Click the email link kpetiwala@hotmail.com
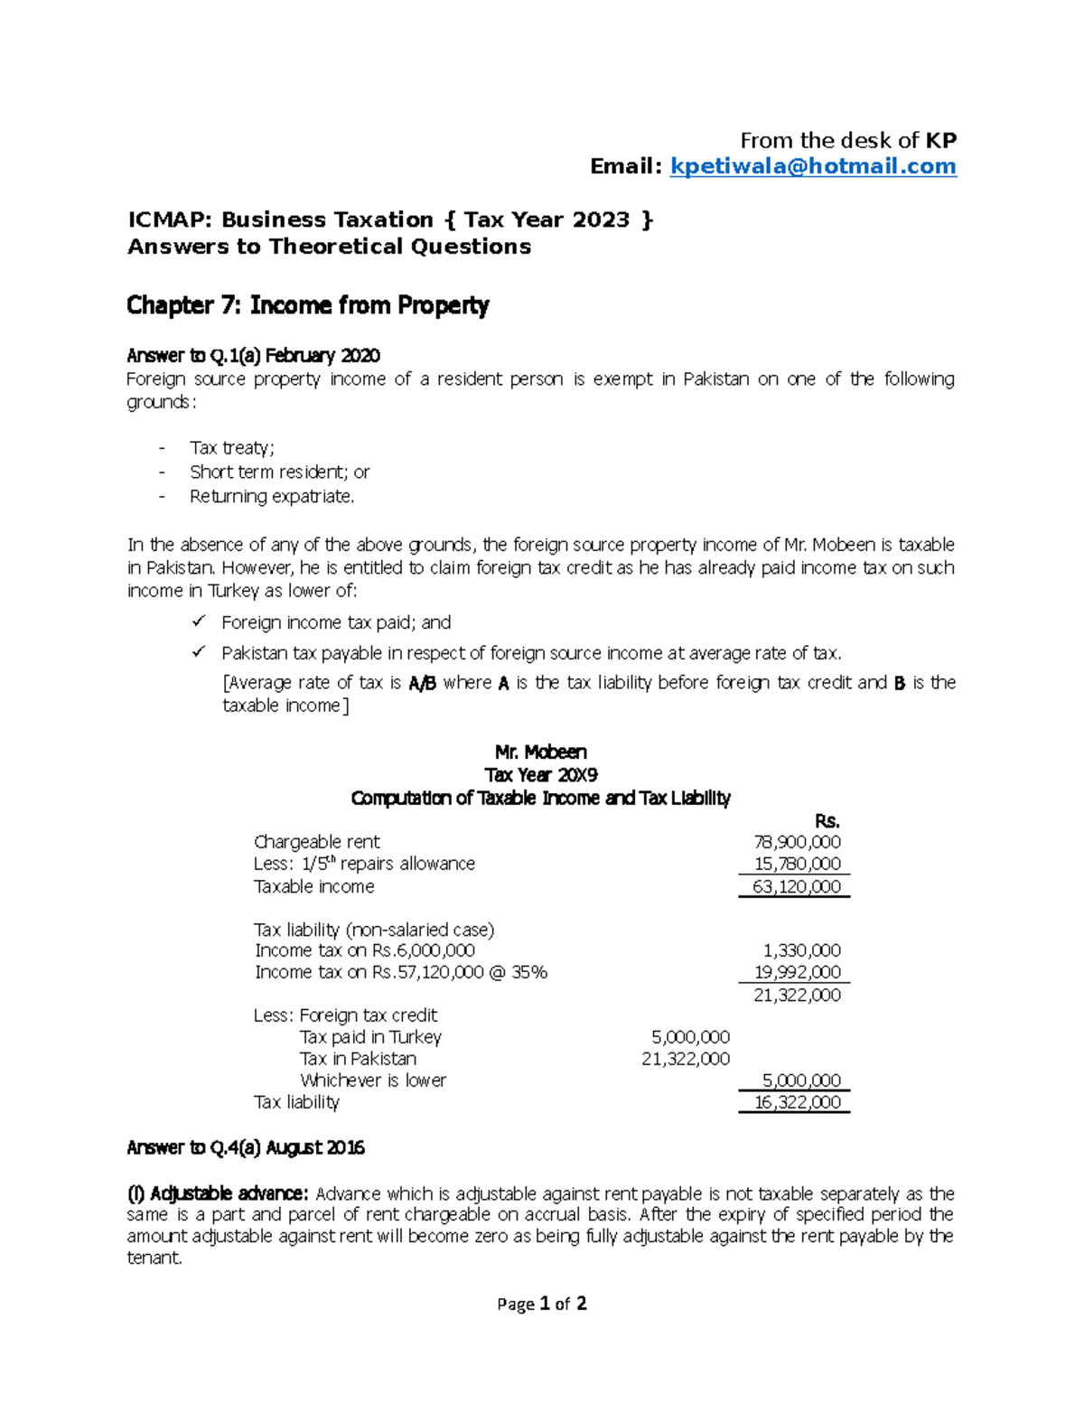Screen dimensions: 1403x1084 click(812, 166)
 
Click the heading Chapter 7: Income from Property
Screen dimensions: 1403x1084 click(307, 305)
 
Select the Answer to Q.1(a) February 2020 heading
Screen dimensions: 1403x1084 click(253, 355)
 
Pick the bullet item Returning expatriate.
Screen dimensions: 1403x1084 click(272, 496)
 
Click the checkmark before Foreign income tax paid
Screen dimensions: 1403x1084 click(198, 622)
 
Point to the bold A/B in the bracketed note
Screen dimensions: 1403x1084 click(422, 683)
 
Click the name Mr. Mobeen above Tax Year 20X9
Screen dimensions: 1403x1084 click(540, 752)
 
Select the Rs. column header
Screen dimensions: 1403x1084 click(827, 821)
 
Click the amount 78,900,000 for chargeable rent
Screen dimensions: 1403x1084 click(797, 842)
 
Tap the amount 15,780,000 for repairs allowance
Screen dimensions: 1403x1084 click(797, 864)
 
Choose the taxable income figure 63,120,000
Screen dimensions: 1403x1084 click(796, 887)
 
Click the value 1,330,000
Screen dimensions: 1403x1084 click(801, 950)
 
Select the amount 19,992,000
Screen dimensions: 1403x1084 click(797, 972)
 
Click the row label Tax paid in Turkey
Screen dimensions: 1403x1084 click(370, 1037)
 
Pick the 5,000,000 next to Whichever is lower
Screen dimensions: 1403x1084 click(801, 1080)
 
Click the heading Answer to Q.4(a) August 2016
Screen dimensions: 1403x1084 click(246, 1147)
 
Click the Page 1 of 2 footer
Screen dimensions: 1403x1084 click(542, 1304)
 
